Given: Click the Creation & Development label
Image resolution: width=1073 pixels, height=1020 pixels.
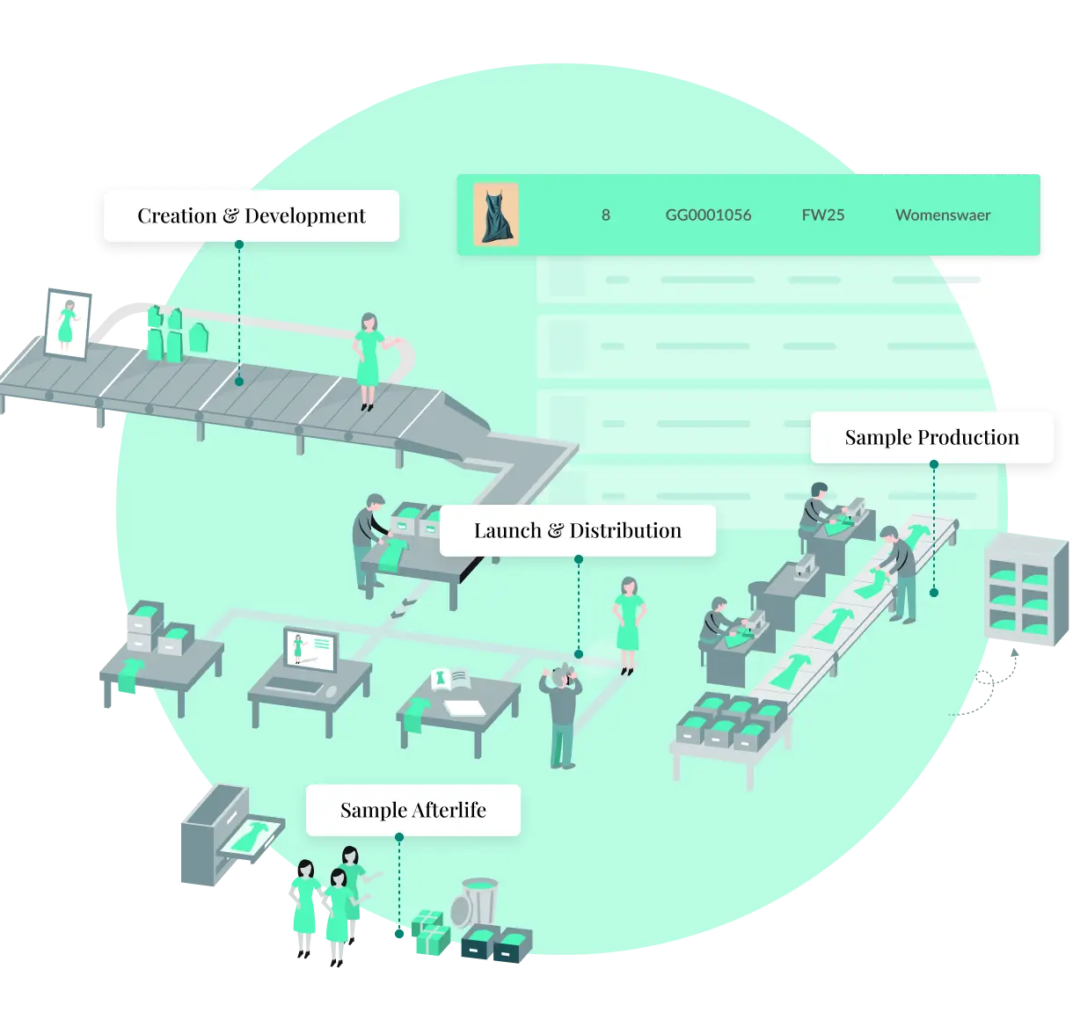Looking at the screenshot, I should tap(251, 216).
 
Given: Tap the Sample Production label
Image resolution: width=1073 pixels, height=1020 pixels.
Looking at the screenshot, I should tap(931, 438).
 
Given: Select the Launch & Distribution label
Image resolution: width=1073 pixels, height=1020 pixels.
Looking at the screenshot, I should tap(577, 531).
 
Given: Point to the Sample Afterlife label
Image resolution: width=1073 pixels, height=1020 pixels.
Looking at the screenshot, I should tap(412, 810).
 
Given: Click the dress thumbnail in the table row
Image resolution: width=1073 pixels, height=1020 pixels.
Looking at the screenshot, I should tap(495, 215).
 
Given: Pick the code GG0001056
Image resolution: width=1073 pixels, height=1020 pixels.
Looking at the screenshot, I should tap(708, 215).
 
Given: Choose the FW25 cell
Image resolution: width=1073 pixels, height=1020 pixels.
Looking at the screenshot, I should tap(822, 215).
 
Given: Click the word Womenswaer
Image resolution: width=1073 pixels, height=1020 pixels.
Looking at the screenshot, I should tap(943, 215).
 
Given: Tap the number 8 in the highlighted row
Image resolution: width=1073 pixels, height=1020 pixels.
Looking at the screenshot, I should tap(605, 215).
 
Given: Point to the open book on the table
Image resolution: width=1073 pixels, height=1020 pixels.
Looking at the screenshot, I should tap(449, 680).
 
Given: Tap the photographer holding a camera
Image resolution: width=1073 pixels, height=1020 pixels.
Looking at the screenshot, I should tap(560, 712).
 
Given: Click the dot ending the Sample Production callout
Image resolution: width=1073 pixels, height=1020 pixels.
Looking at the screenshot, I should tap(933, 593).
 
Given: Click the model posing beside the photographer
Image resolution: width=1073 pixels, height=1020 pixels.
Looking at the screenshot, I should tap(628, 624).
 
